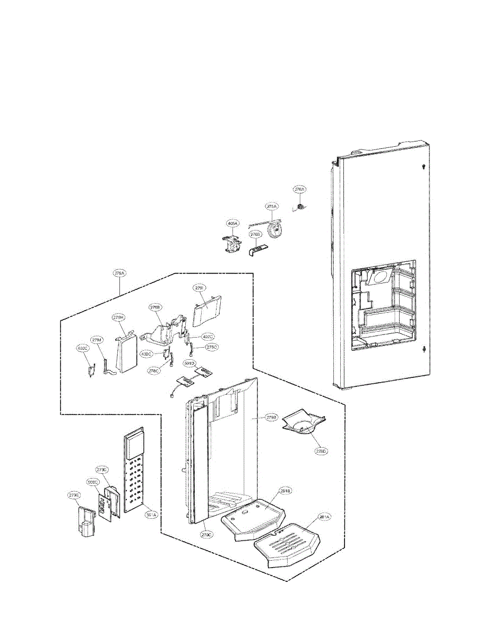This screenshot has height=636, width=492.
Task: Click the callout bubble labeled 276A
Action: tap(300, 189)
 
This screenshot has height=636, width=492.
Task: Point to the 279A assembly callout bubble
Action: tap(119, 273)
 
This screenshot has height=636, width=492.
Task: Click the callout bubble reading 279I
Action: tap(200, 288)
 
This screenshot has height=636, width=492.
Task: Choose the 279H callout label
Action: tap(118, 317)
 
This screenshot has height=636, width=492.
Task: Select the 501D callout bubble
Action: tap(189, 364)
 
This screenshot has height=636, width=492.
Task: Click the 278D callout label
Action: tap(321, 451)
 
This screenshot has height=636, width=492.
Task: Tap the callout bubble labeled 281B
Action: tap(286, 491)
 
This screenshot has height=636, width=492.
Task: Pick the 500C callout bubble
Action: tap(92, 482)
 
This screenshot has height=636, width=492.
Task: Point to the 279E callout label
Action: tap(73, 495)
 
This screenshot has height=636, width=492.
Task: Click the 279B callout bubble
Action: tap(271, 418)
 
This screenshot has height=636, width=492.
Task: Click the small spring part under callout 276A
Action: tap(300, 207)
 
